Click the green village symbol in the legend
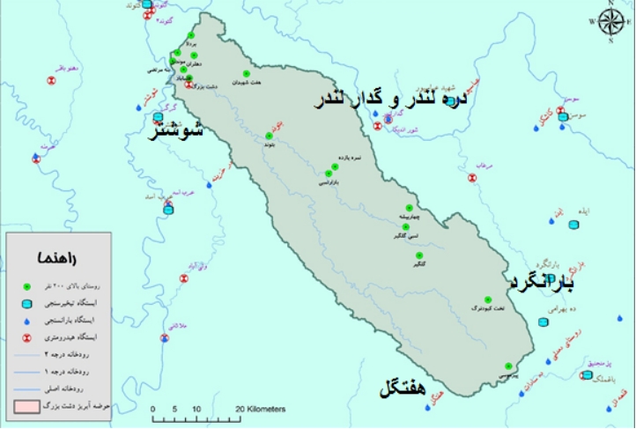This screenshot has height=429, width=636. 26,287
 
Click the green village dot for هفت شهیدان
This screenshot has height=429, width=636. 246,74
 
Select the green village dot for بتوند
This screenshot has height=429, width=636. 269,137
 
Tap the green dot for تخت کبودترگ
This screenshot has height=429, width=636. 488,300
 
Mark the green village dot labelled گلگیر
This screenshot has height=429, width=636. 420,256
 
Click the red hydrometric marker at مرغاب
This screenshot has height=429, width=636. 472,177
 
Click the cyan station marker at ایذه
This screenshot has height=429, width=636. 574,227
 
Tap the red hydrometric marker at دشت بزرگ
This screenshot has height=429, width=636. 189,85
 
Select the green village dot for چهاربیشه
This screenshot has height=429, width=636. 409,208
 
